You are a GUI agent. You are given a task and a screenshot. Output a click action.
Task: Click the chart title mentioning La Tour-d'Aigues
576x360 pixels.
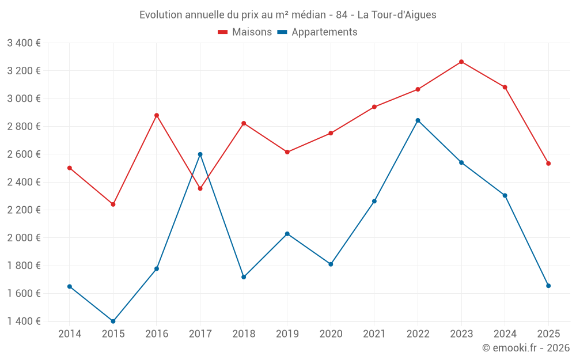point(288,14)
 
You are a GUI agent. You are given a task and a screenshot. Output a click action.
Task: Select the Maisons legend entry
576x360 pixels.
point(245,32)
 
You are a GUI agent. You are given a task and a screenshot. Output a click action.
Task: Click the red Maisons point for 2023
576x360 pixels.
point(461,62)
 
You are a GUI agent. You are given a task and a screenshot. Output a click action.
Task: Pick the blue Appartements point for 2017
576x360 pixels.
point(200,154)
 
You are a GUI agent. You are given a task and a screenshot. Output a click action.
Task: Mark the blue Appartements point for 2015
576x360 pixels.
point(113,321)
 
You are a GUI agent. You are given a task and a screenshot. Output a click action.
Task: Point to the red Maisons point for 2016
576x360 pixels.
point(157,115)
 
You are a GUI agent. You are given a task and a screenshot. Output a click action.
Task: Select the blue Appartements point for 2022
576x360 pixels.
point(418,120)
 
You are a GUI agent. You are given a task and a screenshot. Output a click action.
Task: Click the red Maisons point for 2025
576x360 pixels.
point(548,164)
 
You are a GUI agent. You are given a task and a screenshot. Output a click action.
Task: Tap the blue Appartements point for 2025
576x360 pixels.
point(548,286)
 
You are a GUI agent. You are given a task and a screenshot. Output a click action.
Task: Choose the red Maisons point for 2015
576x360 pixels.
point(113,204)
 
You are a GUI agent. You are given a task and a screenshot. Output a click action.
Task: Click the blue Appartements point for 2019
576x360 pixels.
point(287,234)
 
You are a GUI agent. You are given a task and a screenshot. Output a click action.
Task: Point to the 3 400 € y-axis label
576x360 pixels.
point(24,43)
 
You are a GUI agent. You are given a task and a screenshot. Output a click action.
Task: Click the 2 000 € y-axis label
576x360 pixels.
point(24,238)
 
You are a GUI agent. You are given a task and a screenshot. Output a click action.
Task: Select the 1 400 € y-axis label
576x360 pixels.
point(24,321)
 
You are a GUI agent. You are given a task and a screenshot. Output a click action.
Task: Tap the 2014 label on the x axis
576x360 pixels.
point(70,334)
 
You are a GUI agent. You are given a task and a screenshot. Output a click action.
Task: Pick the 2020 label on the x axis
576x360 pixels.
point(331,334)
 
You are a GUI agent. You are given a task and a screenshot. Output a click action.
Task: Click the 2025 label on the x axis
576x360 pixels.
point(548,334)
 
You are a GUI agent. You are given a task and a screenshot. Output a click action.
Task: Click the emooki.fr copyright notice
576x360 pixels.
point(525,348)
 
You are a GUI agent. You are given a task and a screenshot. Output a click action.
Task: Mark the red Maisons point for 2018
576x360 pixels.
point(244,123)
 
